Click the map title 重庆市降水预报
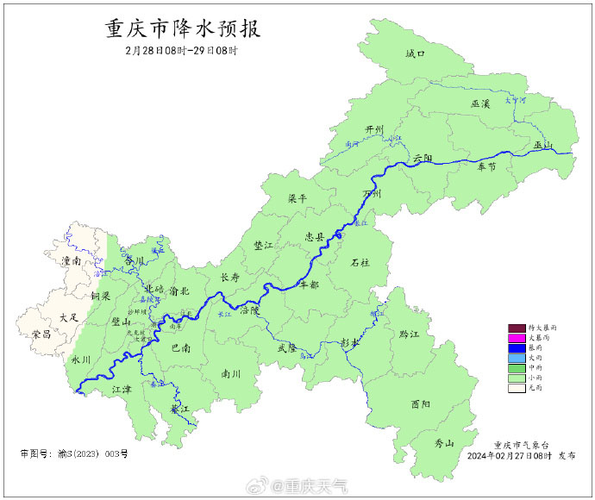(x=182, y=28)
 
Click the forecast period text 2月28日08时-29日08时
(x=181, y=51)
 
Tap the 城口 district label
(x=416, y=53)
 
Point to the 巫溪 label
(x=480, y=103)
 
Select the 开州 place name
(x=373, y=129)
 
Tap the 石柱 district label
(x=360, y=262)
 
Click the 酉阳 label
(x=421, y=403)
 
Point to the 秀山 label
(x=444, y=443)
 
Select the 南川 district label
(x=231, y=375)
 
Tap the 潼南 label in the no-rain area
(x=71, y=259)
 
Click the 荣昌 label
(x=41, y=334)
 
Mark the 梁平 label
(x=297, y=198)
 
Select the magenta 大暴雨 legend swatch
(x=517, y=338)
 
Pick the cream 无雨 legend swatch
(x=517, y=388)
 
